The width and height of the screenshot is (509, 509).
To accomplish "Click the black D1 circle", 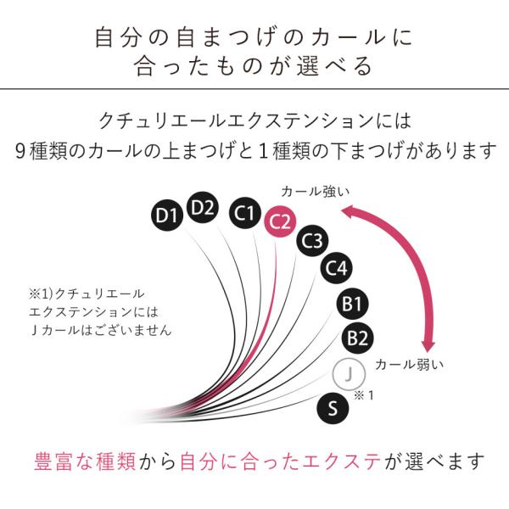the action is click(166, 215).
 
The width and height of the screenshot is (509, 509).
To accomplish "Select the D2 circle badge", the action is click(203, 208).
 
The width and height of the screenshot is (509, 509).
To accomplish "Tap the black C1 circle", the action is click(245, 213).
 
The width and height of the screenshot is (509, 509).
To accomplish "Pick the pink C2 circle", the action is click(280, 221).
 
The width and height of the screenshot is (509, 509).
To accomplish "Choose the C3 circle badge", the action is click(312, 241).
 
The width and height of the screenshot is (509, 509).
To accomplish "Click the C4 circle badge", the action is click(336, 268).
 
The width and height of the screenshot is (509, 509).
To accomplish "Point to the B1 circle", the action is click(352, 305).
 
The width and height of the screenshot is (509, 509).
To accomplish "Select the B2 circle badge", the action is click(357, 338).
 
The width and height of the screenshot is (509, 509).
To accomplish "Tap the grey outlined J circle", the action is click(349, 374).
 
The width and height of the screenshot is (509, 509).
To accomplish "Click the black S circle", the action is click(333, 408).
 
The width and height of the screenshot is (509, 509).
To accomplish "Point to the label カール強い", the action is click(316, 192).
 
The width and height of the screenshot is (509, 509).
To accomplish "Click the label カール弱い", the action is click(409, 365).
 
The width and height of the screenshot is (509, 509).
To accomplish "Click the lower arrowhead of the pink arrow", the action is click(428, 346).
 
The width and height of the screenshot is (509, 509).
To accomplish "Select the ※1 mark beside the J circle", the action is click(364, 395).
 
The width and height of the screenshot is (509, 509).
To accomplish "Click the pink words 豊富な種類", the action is click(85, 461).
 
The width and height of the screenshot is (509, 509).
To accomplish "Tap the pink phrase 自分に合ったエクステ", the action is click(281, 461).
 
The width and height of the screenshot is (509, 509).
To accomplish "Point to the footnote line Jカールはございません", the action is click(101, 331).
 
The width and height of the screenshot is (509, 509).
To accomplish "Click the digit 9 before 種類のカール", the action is click(20, 151).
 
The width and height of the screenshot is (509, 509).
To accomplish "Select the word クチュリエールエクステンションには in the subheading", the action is click(255, 120).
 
